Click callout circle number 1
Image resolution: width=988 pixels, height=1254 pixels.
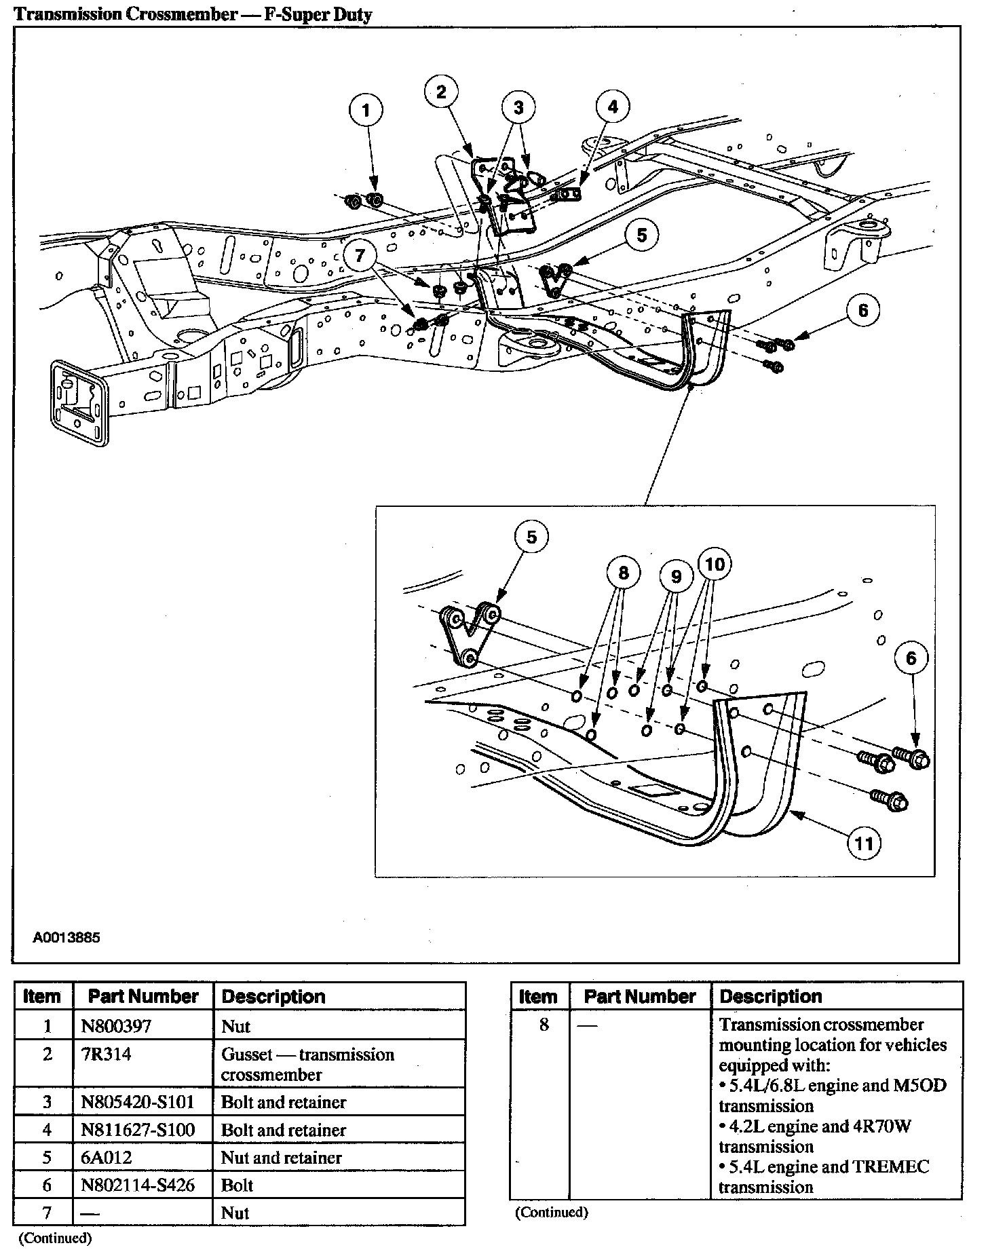click(x=366, y=111)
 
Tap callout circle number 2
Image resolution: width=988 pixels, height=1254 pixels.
click(x=441, y=92)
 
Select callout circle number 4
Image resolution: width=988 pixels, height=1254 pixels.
click(x=613, y=107)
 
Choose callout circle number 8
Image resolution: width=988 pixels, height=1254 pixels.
click(x=623, y=573)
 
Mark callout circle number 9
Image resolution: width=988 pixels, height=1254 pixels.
click(x=676, y=576)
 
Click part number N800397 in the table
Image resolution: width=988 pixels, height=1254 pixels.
click(x=116, y=1026)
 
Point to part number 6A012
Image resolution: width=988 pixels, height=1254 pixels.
click(x=102, y=1158)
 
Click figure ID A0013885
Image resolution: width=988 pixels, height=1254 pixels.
click(x=66, y=938)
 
